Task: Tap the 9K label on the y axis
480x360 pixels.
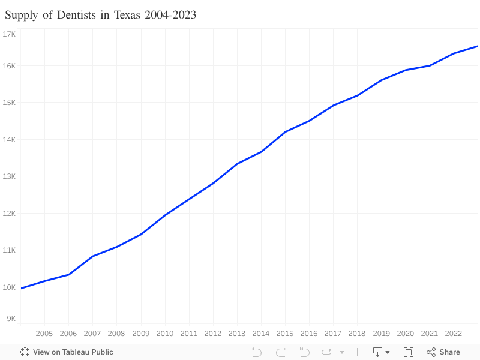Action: pyautogui.click(x=11, y=319)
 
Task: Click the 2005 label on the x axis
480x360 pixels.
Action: pyautogui.click(x=44, y=334)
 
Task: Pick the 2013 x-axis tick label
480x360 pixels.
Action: pyautogui.click(x=237, y=334)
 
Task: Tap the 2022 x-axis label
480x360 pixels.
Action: pyautogui.click(x=453, y=334)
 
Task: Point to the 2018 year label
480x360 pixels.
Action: pyautogui.click(x=357, y=334)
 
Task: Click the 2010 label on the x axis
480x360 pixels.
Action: pyautogui.click(x=164, y=334)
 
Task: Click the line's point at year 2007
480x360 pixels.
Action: pyautogui.click(x=92, y=256)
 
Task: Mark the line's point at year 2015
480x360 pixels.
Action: pyautogui.click(x=285, y=131)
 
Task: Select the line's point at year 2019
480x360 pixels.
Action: pyautogui.click(x=381, y=80)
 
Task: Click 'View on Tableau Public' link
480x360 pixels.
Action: pyautogui.click(x=73, y=352)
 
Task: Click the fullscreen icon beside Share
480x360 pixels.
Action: pyautogui.click(x=409, y=352)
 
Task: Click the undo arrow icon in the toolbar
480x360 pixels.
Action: pyautogui.click(x=257, y=352)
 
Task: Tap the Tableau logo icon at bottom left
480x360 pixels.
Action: pyautogui.click(x=25, y=352)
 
